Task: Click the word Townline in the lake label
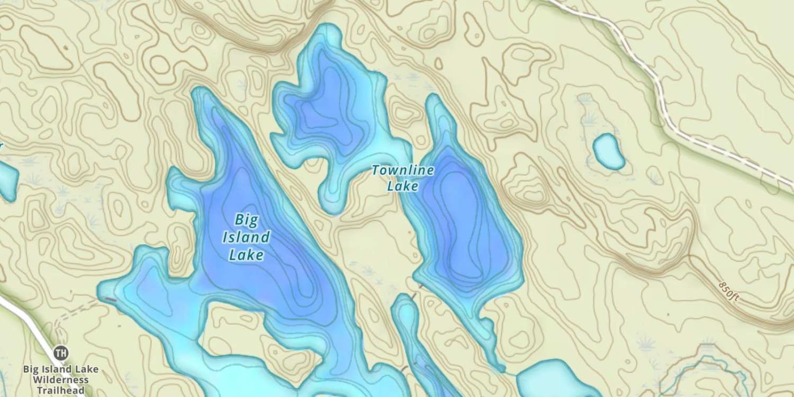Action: pyautogui.click(x=402, y=170)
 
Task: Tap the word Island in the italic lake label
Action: pyautogui.click(x=246, y=237)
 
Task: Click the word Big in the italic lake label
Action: pyautogui.click(x=246, y=219)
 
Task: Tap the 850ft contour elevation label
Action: pyautogui.click(x=729, y=292)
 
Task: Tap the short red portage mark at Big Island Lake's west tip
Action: pyautogui.click(x=110, y=300)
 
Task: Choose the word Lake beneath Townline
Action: pyautogui.click(x=402, y=186)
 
